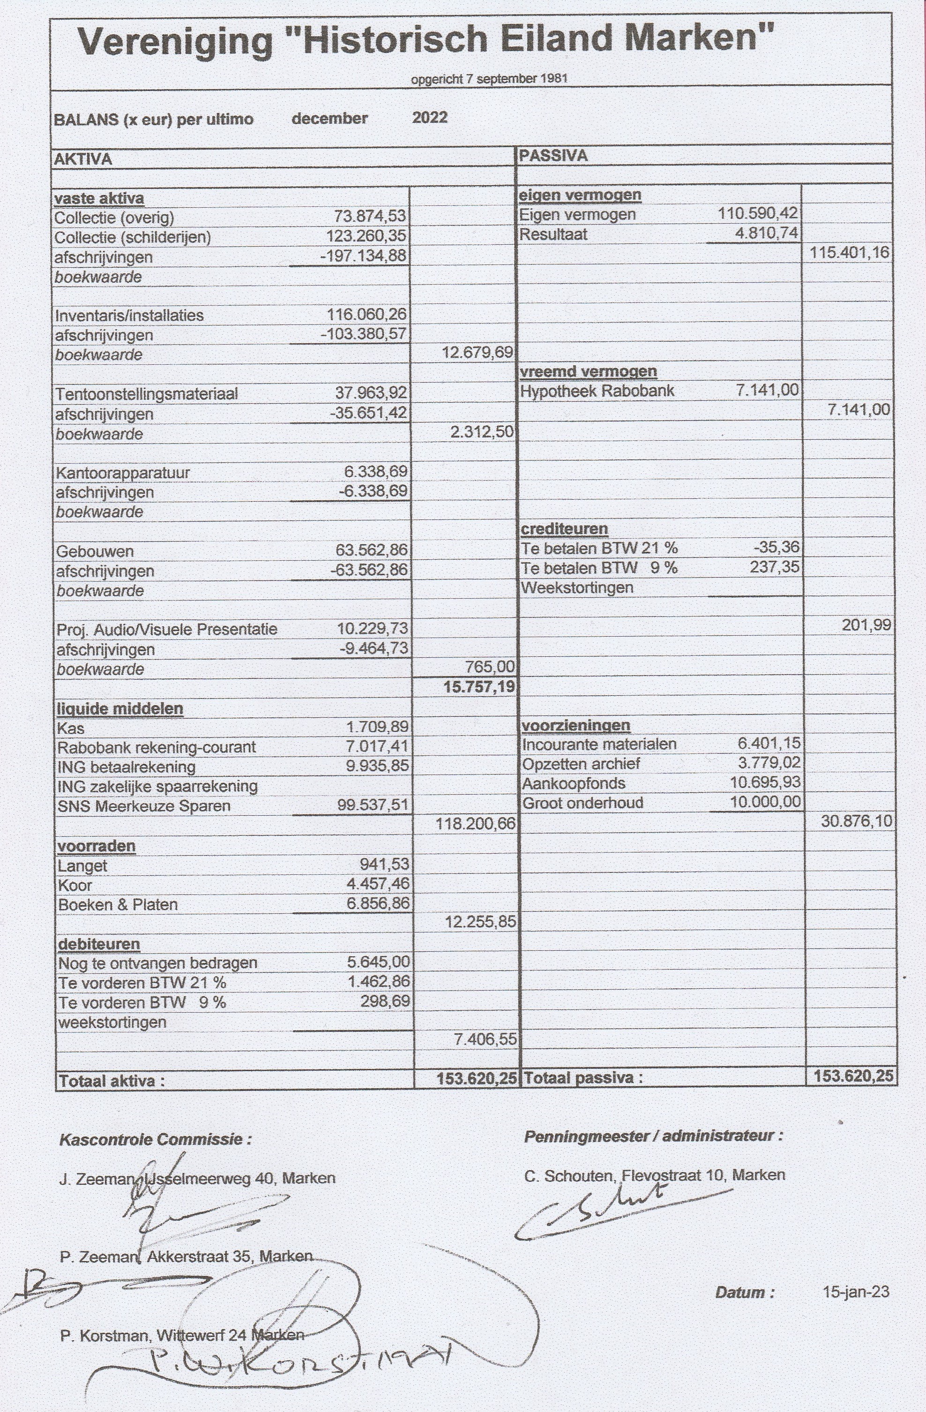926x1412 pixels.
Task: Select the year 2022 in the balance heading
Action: [x=429, y=118]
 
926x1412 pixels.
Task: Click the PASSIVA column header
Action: [x=553, y=156]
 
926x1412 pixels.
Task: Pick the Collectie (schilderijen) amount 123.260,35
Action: [x=366, y=236]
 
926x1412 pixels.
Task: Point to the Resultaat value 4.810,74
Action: [x=766, y=233]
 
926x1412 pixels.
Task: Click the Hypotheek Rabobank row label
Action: [x=597, y=391]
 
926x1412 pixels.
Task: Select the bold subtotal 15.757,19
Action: [x=478, y=687]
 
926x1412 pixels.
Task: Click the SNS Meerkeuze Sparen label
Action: [x=143, y=806]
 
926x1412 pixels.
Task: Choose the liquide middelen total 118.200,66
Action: [x=475, y=824]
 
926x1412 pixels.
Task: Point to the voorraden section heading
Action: [x=96, y=845]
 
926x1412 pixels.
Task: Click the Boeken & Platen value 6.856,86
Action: [x=378, y=903]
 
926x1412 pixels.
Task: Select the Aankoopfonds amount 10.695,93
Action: [x=765, y=782]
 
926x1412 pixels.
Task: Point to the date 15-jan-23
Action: [x=855, y=1292]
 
